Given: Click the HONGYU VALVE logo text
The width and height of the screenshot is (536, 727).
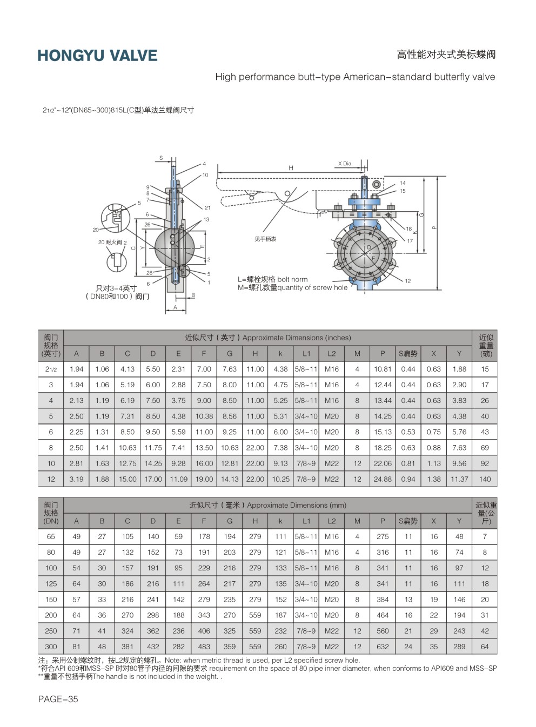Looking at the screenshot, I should pyautogui.click(x=97, y=56).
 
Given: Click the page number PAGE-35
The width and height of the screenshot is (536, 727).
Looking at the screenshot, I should pyautogui.click(x=58, y=699).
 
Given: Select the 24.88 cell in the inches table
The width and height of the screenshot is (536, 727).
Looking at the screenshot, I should pyautogui.click(x=383, y=479).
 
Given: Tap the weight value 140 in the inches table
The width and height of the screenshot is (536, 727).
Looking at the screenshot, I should pyautogui.click(x=485, y=479).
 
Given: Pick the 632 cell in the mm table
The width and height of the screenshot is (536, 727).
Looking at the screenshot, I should pyautogui.click(x=383, y=647).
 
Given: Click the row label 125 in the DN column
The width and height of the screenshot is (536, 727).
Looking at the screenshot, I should pyautogui.click(x=51, y=584).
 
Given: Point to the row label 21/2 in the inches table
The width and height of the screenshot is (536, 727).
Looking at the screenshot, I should pyautogui.click(x=51, y=369).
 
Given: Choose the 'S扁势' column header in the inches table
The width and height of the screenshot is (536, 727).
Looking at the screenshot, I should pyautogui.click(x=408, y=354).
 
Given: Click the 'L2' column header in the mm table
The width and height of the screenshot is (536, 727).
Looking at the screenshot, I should pyautogui.click(x=331, y=521).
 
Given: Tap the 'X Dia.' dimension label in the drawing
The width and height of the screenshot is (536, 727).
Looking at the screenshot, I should pyautogui.click(x=345, y=164).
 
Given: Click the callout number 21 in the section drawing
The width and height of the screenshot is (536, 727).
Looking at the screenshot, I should pyautogui.click(x=207, y=208).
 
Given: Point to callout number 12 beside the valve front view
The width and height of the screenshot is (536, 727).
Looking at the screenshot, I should pyautogui.click(x=408, y=281).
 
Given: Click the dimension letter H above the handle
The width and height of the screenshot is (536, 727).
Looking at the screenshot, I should pyautogui.click(x=291, y=168).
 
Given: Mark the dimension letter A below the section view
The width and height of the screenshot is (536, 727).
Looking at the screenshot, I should pyautogui.click(x=175, y=307).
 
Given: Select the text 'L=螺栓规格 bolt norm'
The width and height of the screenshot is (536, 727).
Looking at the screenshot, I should pyautogui.click(x=272, y=279).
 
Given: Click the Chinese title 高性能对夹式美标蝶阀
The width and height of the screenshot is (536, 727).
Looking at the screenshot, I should pyautogui.click(x=446, y=55).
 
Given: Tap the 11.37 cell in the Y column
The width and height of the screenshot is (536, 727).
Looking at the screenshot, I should pyautogui.click(x=459, y=479).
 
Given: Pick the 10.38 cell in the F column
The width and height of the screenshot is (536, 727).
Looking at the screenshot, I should pyautogui.click(x=204, y=416).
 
